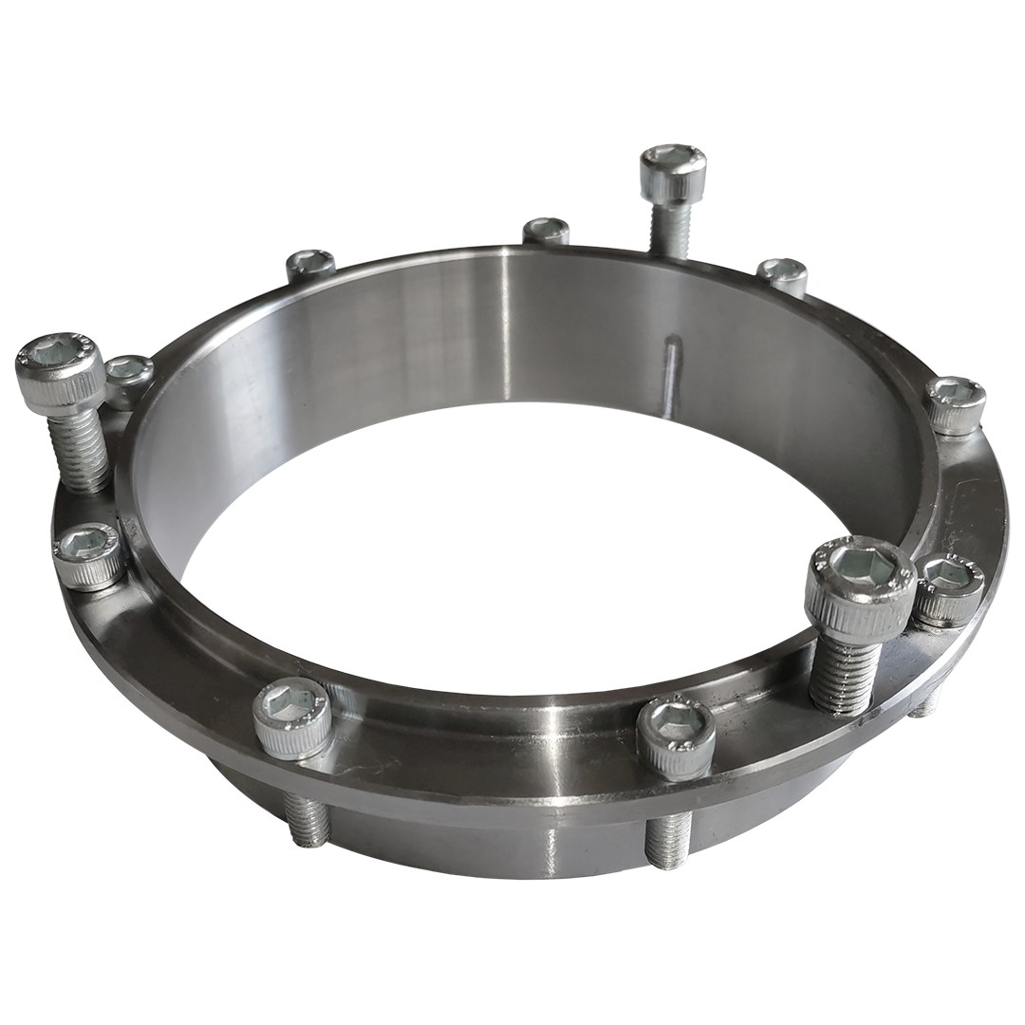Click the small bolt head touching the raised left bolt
[129, 378]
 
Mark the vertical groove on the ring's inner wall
[672, 376]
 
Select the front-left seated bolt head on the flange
[292, 717]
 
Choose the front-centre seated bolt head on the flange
[675, 735]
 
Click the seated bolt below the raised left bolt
[87, 555]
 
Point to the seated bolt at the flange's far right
[955, 403]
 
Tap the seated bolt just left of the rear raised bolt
[547, 231]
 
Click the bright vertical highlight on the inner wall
[505, 323]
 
